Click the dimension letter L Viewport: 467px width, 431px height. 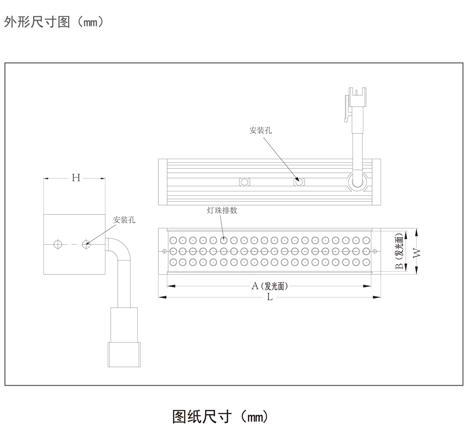tap(269, 297)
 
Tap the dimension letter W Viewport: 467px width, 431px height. tap(417, 252)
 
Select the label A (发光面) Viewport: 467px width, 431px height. tap(269, 286)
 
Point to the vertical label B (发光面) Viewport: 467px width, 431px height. tap(399, 252)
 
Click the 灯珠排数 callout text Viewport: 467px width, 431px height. tap(222, 211)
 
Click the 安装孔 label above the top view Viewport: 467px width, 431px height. tap(260, 130)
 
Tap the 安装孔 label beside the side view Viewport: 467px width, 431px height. tap(124, 219)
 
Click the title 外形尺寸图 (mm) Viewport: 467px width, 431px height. tap(53, 22)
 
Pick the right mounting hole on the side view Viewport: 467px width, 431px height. tap(86, 244)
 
